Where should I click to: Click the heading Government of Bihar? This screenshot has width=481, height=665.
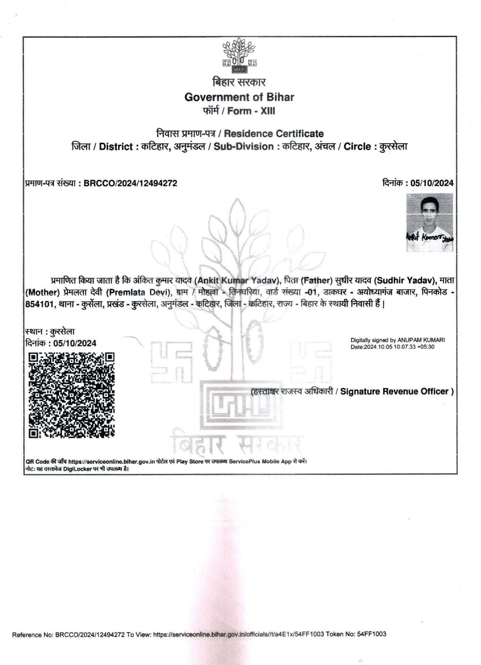pos(239,97)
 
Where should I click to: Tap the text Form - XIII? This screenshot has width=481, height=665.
pos(251,111)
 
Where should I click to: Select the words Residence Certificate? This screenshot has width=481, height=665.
pos(274,134)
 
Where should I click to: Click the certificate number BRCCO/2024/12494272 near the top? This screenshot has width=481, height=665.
pos(130,183)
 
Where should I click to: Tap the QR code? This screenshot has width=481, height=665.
pos(72,395)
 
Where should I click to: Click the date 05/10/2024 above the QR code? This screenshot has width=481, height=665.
pos(75,343)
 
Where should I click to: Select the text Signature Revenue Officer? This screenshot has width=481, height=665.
pos(394,391)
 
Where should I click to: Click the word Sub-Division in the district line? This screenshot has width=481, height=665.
pos(243,146)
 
